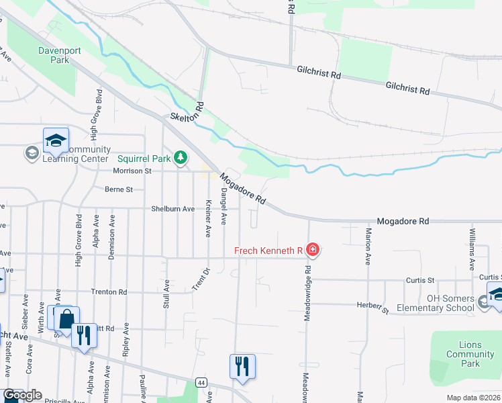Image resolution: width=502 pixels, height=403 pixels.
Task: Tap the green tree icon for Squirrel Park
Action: coord(179,158)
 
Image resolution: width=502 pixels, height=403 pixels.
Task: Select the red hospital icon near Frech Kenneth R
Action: coord(312,251)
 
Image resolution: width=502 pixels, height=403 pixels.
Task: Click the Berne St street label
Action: coord(119,189)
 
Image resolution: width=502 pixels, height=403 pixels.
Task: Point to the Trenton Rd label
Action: coord(109,292)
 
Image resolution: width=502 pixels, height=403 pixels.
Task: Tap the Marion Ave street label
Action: coord(368,247)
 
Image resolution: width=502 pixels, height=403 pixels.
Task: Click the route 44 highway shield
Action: coord(201,382)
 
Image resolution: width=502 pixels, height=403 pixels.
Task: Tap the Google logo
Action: coord(22,395)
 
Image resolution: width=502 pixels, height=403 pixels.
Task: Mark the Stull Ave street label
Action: coord(166,294)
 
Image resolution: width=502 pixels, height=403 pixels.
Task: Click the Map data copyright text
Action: coord(474,398)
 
